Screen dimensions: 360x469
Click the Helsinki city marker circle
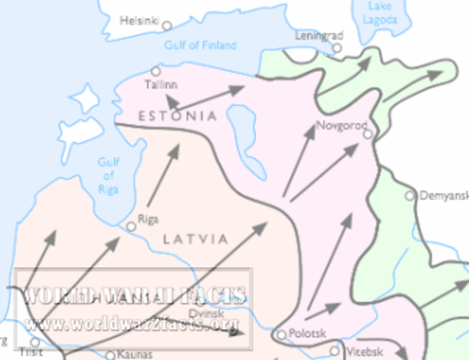click(x=167, y=25)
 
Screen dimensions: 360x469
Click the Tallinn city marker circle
click(x=156, y=70)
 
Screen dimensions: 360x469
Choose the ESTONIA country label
click(x=178, y=116)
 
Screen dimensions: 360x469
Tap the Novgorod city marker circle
click(x=368, y=135)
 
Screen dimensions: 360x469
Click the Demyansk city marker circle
click(x=410, y=196)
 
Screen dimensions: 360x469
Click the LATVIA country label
click(x=195, y=239)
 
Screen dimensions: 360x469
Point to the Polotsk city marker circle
click(x=281, y=334)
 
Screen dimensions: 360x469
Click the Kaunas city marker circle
click(x=110, y=355)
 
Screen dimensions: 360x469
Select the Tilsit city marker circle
click(x=34, y=342)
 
